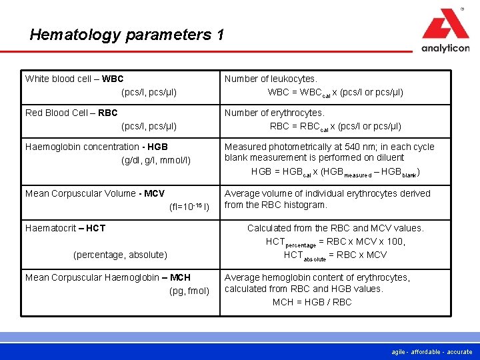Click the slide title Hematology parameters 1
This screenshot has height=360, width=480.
pos(127,35)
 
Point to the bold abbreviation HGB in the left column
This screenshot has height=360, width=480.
pos(157,147)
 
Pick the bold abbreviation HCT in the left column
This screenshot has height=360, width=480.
pos(95,228)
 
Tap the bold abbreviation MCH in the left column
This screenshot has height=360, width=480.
pos(180,277)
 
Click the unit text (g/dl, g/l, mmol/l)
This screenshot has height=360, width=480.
pos(155,160)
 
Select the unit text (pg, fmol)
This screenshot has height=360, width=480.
pos(189,291)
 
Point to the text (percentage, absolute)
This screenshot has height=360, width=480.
pos(120,255)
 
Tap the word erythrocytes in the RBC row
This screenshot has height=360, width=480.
pos(297,113)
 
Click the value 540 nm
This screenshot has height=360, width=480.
pos(363,147)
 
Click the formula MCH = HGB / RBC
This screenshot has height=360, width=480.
pos(312,302)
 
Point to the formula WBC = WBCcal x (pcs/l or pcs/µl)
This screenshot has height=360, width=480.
pos(335,92)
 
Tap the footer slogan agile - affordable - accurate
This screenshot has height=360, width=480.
pos(431,352)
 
